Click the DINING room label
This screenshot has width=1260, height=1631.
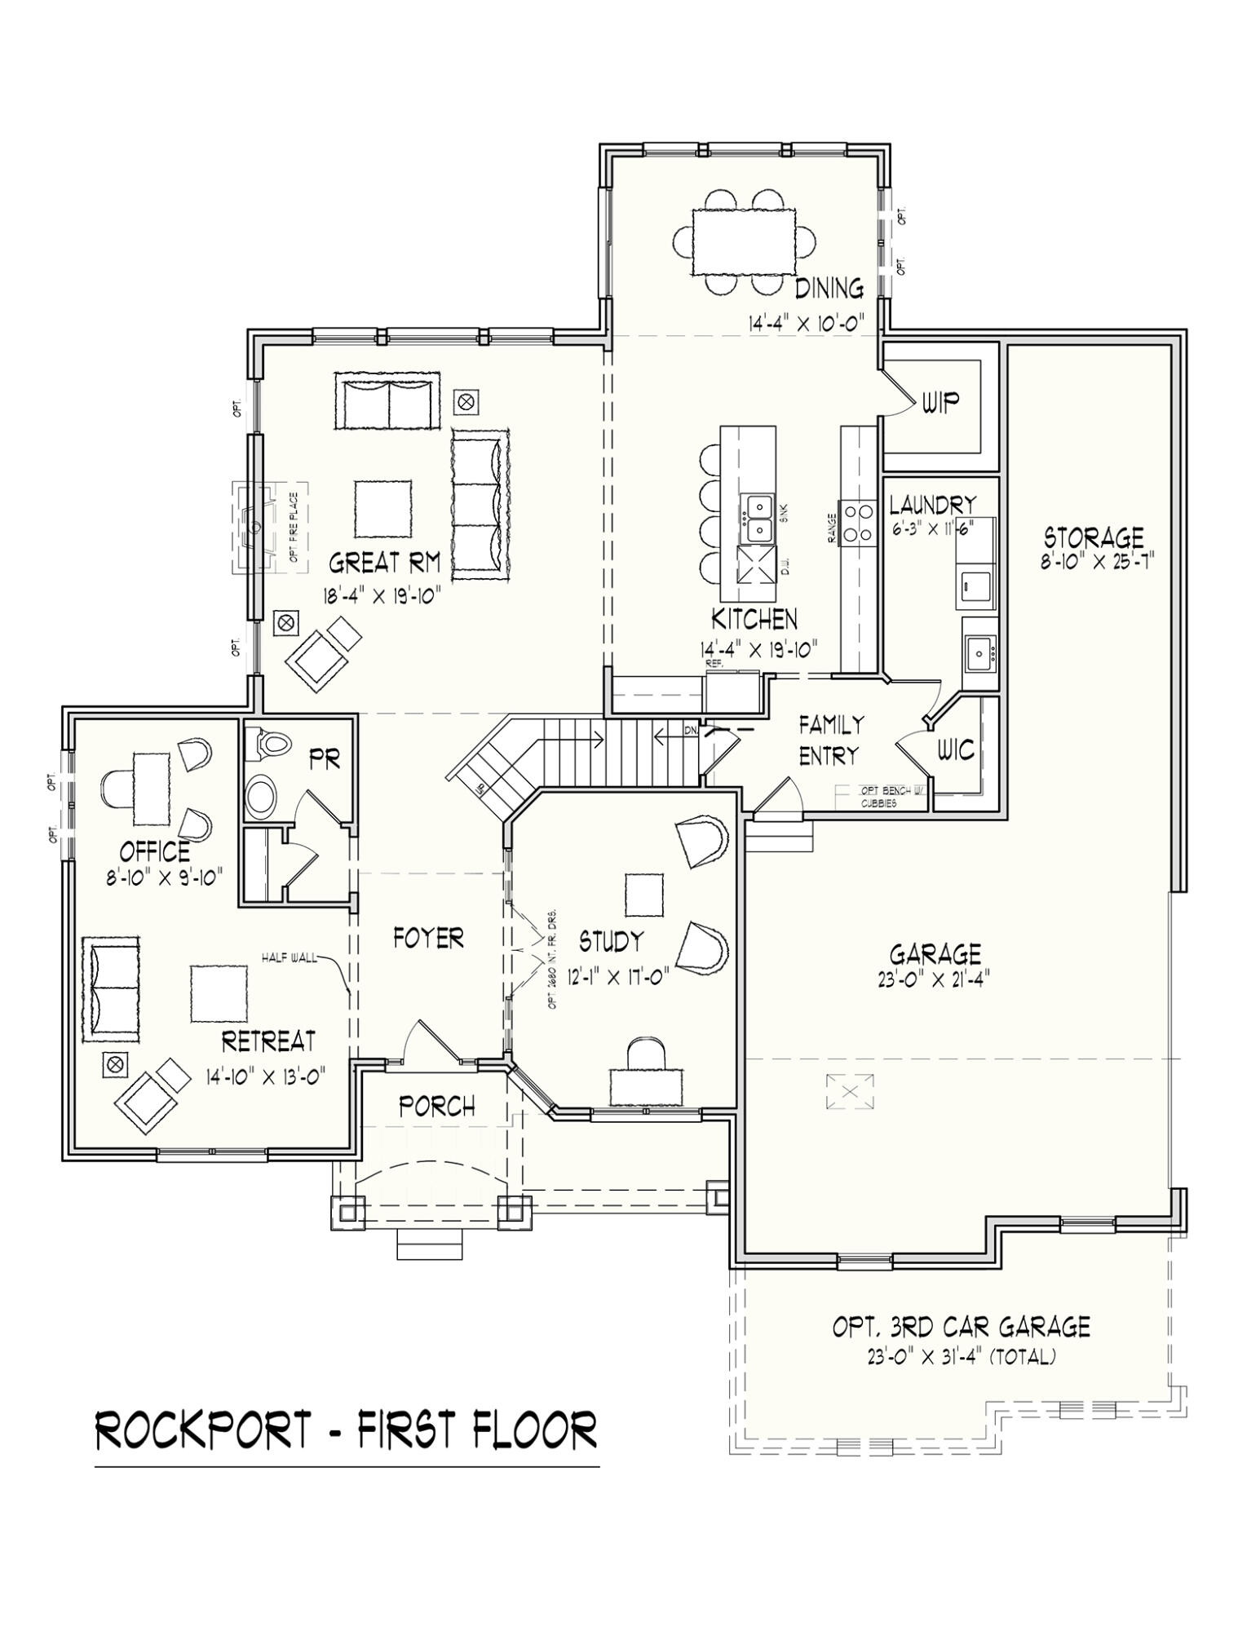829,288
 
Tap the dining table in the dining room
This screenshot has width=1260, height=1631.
744,242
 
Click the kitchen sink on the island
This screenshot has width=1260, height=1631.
758,519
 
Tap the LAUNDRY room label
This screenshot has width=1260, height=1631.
932,504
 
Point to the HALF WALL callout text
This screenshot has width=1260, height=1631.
290,957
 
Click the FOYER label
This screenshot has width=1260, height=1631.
428,938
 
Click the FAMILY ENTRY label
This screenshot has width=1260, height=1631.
830,740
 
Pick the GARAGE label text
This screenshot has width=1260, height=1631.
935,953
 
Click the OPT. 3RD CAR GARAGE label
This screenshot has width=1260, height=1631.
961,1327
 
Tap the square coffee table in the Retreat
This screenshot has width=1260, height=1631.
219,993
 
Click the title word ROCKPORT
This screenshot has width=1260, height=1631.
204,1430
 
